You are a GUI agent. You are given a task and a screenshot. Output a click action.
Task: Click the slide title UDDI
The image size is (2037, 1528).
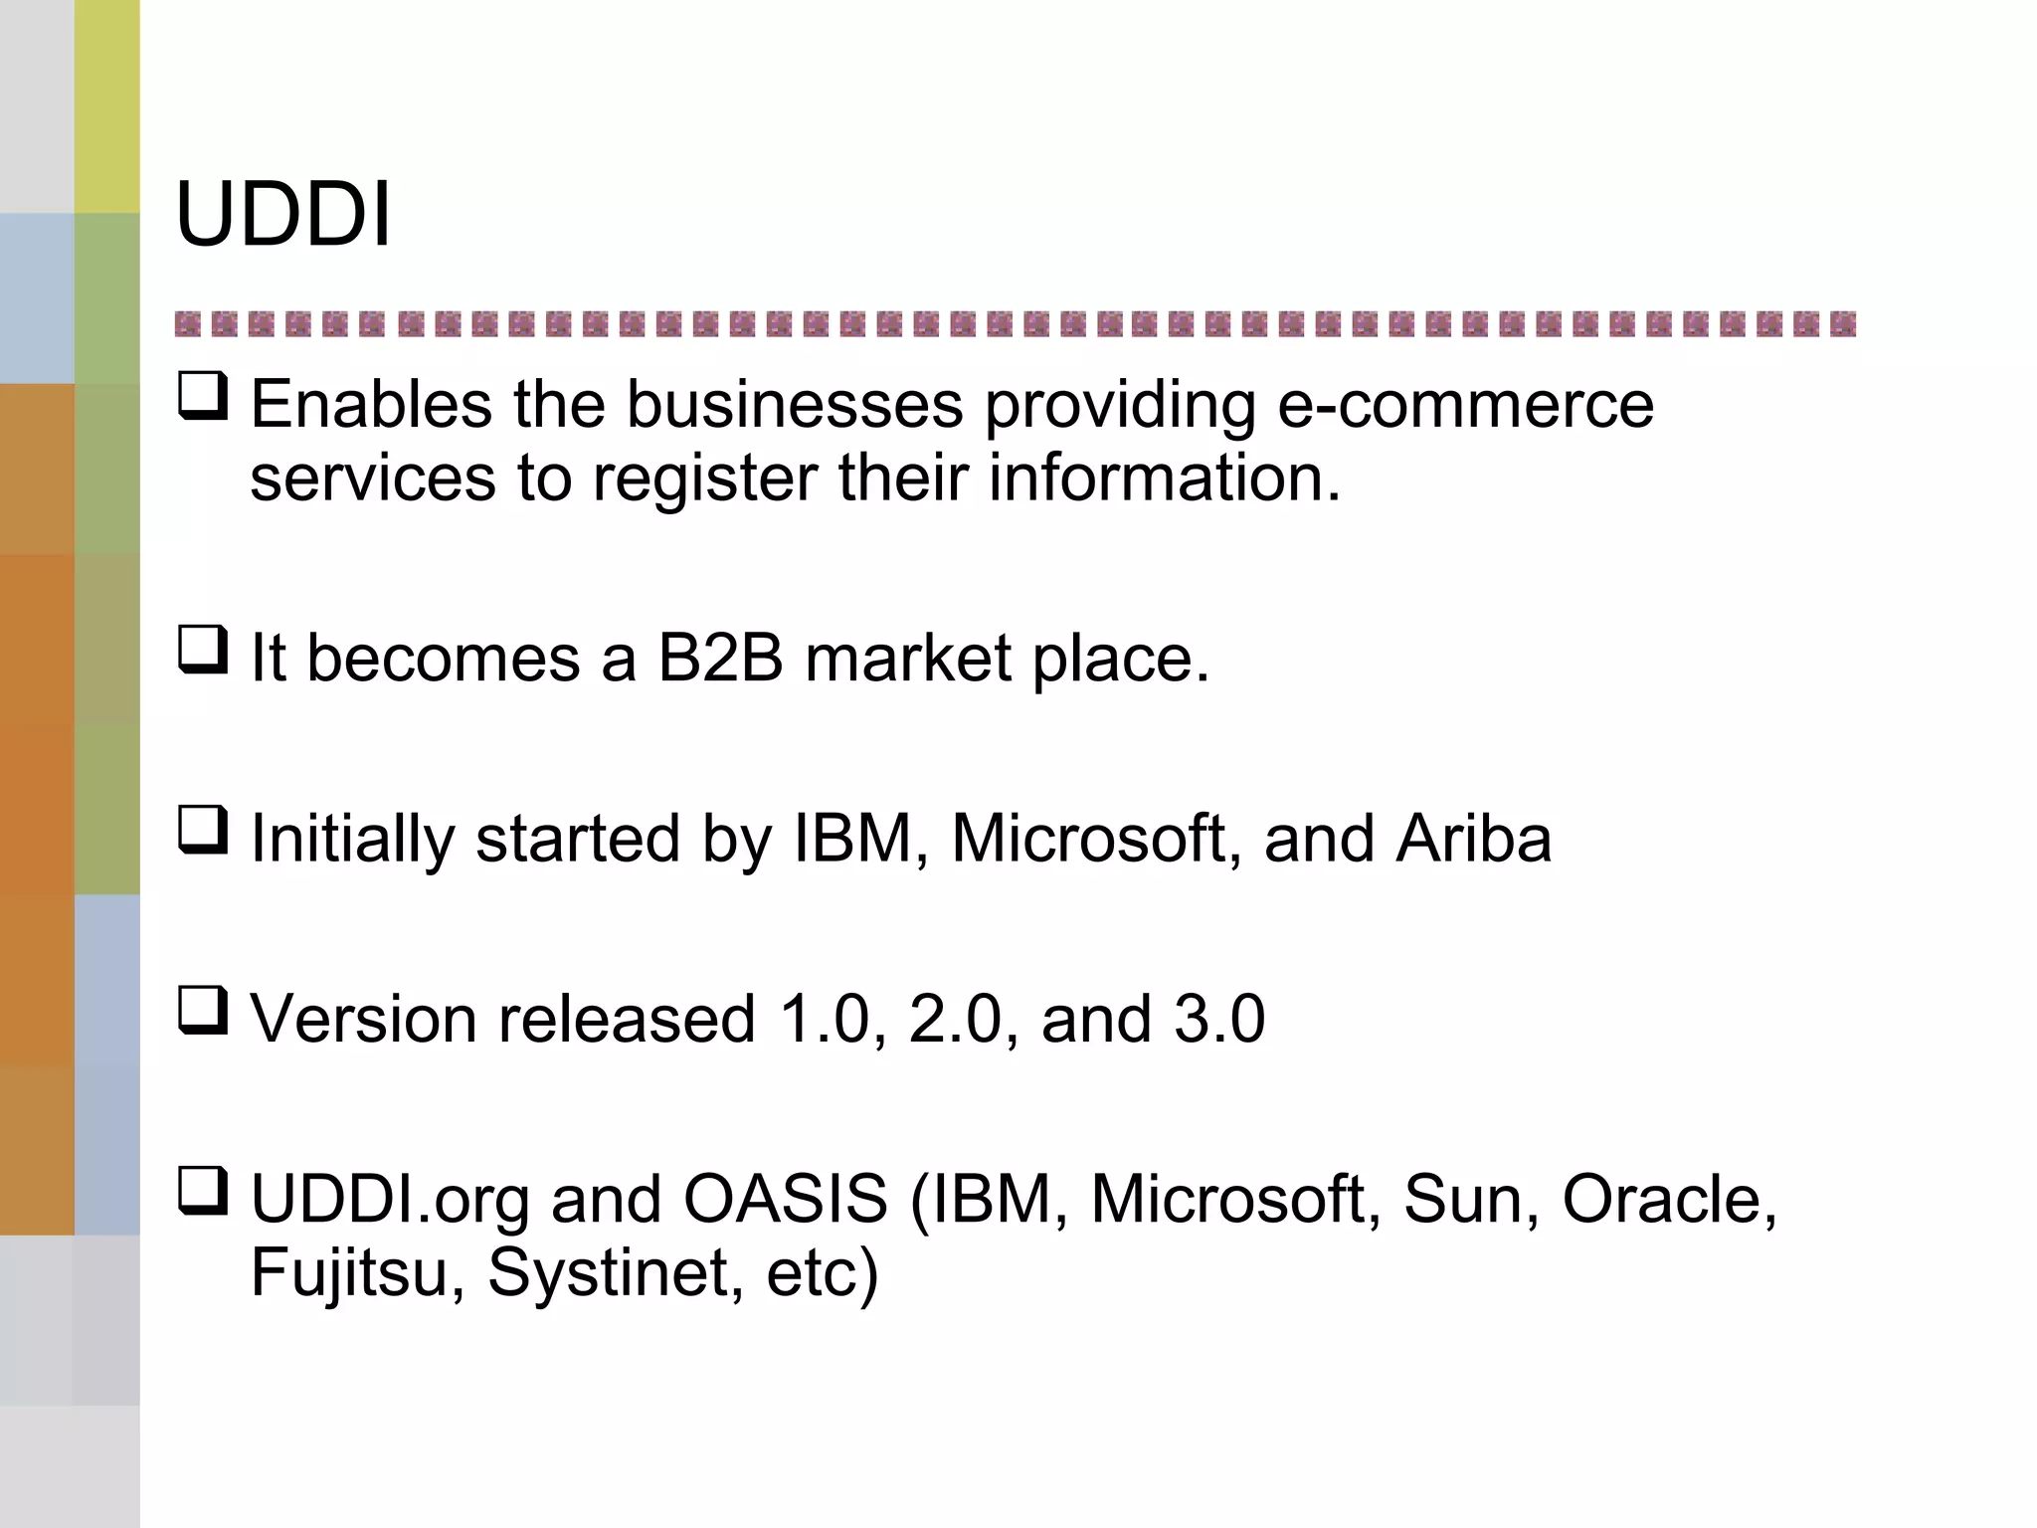[283, 215]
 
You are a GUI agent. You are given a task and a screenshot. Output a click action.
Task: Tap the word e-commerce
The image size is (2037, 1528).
[1465, 405]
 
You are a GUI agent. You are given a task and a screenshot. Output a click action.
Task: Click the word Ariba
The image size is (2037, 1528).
[1473, 839]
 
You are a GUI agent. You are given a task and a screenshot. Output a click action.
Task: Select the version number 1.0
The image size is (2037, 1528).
[825, 1020]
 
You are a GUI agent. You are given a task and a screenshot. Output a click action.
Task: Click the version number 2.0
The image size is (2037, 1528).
[954, 1020]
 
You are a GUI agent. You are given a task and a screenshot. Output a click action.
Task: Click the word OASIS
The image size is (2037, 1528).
[785, 1199]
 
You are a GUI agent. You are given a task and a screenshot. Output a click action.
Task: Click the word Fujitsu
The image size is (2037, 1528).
[349, 1274]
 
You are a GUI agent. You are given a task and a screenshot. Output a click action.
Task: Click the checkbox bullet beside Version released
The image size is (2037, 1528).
[203, 1010]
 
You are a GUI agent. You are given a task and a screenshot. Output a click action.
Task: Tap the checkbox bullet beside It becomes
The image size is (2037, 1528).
[203, 649]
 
